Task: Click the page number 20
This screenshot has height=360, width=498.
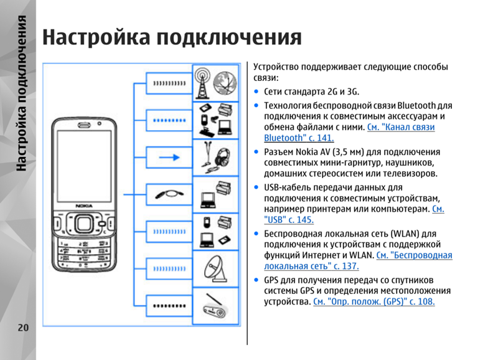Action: coord(23,328)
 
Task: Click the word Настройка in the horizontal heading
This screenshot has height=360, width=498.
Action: coord(96,37)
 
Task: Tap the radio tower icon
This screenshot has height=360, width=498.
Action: coord(203,83)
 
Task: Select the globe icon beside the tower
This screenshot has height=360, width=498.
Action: coord(225,83)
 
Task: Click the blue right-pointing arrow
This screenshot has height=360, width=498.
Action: coord(169,158)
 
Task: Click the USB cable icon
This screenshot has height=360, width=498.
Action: coord(169,194)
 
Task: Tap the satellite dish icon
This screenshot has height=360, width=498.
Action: coord(215,269)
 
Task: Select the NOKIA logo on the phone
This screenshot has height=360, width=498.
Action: coord(84,206)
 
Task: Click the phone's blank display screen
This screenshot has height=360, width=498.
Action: coord(85,166)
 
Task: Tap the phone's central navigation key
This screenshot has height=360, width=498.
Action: coord(84,224)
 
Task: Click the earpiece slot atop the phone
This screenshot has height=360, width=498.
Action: coord(84,125)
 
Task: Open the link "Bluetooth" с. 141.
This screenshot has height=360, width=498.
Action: coord(299,138)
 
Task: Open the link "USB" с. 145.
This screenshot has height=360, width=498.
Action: coord(289,220)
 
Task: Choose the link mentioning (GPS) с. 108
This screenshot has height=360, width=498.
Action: coord(374,301)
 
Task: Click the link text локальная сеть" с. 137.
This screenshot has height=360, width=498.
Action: coord(311,266)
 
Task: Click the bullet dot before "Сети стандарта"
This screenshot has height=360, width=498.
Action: coord(256,92)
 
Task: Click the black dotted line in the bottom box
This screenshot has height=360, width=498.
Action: coord(169,306)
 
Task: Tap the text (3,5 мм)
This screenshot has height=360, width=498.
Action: coord(349,152)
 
